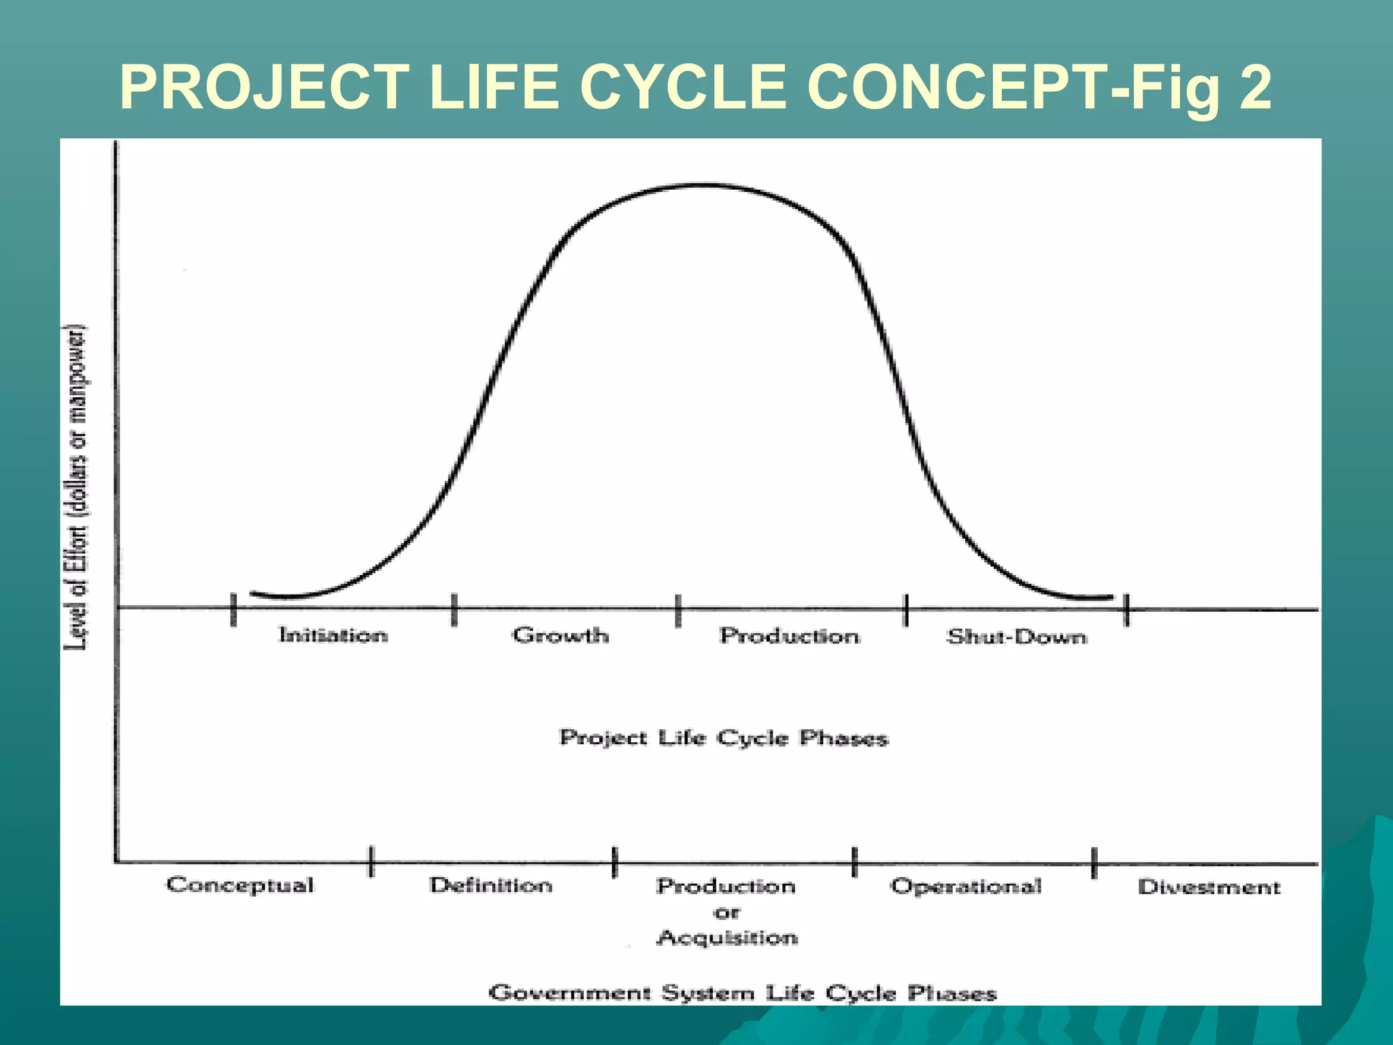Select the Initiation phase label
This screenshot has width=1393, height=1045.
tap(333, 635)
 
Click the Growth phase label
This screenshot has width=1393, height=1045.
tap(560, 635)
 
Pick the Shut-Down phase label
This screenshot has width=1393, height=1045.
tap(1017, 637)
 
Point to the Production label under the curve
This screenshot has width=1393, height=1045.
tap(789, 635)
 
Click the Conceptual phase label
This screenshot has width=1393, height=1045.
tap(240, 885)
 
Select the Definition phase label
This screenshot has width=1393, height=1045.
tap(490, 885)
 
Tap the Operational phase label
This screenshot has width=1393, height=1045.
tap(966, 886)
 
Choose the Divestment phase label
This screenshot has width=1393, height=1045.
tap(1209, 886)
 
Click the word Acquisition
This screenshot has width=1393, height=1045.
tap(726, 938)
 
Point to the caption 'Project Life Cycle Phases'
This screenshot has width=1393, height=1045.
tap(723, 737)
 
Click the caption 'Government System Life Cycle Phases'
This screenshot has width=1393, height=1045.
tap(742, 993)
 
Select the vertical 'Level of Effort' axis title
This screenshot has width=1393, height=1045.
tap(76, 488)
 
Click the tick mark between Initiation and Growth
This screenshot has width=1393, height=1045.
tap(454, 609)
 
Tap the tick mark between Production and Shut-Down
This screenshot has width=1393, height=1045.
tap(906, 610)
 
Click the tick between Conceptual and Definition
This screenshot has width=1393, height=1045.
tap(371, 861)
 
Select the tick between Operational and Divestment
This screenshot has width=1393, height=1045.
tap(1094, 863)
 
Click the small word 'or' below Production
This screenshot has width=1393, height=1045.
tap(726, 912)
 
